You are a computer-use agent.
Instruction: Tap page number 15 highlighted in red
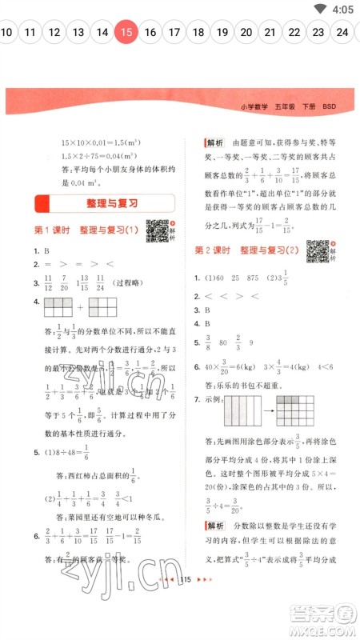point(126,33)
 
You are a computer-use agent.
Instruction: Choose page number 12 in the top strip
point(54,33)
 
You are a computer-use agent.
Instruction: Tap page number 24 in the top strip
point(342,33)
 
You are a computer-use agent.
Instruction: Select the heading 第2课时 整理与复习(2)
point(247,251)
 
